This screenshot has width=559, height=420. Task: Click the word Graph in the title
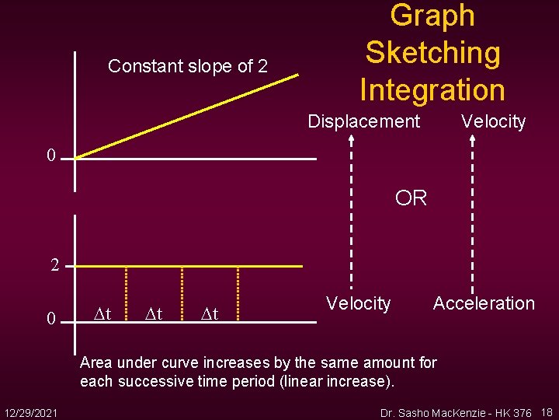click(x=432, y=16)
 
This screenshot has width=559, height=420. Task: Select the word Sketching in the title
click(x=432, y=53)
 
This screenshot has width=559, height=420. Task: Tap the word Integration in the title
click(x=432, y=89)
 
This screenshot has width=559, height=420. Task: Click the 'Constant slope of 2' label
click(x=188, y=67)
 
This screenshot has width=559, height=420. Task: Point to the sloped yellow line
click(x=186, y=117)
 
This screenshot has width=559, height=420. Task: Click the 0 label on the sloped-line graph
click(x=50, y=156)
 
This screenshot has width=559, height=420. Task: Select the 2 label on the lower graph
click(x=55, y=265)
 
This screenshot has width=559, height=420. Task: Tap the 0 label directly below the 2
click(x=50, y=319)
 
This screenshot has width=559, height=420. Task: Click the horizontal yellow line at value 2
click(x=186, y=267)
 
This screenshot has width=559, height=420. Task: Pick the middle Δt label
click(x=154, y=314)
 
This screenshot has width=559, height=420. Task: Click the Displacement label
click(x=363, y=121)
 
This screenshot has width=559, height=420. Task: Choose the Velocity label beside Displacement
click(x=493, y=121)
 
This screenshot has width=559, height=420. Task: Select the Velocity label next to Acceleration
click(x=358, y=303)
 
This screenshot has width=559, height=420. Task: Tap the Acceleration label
click(x=484, y=303)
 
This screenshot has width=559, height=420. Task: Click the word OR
click(x=411, y=198)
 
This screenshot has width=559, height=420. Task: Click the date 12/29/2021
click(x=31, y=411)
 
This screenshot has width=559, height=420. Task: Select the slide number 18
click(x=547, y=412)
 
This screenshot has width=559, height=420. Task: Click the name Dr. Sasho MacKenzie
click(x=435, y=412)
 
